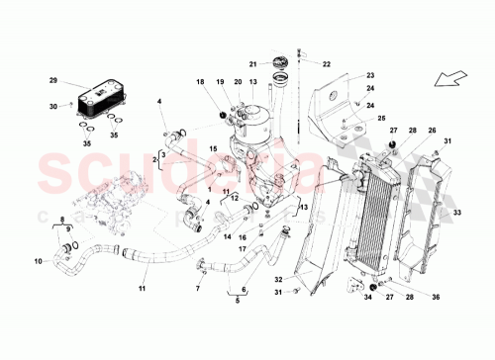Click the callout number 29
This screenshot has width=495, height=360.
53,79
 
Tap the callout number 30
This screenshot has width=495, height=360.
53,106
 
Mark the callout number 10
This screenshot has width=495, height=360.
40,262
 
